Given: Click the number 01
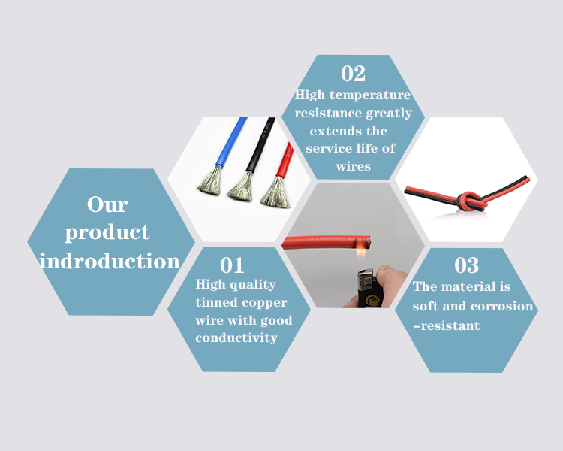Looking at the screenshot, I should click(x=232, y=265).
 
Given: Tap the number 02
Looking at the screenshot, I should click(x=353, y=74).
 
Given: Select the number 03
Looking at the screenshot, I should click(x=466, y=265).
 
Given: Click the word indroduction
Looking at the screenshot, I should click(x=110, y=261).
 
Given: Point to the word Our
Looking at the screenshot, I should click(x=107, y=204).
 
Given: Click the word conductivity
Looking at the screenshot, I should click(x=236, y=338).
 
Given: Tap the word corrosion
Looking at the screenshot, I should click(x=502, y=307).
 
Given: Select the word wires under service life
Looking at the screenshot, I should click(x=353, y=166).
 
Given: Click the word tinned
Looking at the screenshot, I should click(x=215, y=302).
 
